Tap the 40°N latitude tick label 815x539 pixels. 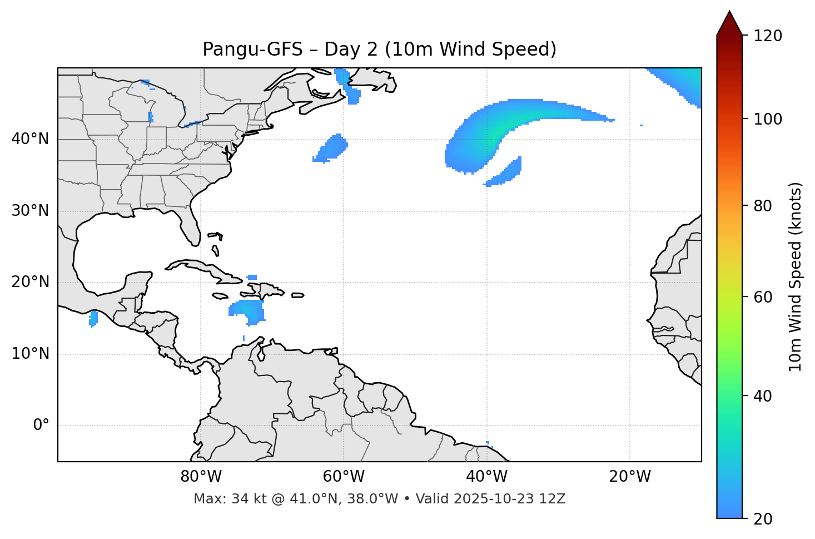30,139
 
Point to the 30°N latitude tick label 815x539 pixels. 30,211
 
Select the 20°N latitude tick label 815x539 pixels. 30,282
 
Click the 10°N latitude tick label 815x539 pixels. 30,354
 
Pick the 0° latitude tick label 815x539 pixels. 41,426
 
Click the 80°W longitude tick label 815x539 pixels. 201,477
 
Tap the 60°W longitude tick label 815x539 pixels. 344,477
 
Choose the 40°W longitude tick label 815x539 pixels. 486,477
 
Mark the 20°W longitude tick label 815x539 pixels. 629,477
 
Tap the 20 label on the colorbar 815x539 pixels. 763,519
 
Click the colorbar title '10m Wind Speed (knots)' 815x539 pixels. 796,276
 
